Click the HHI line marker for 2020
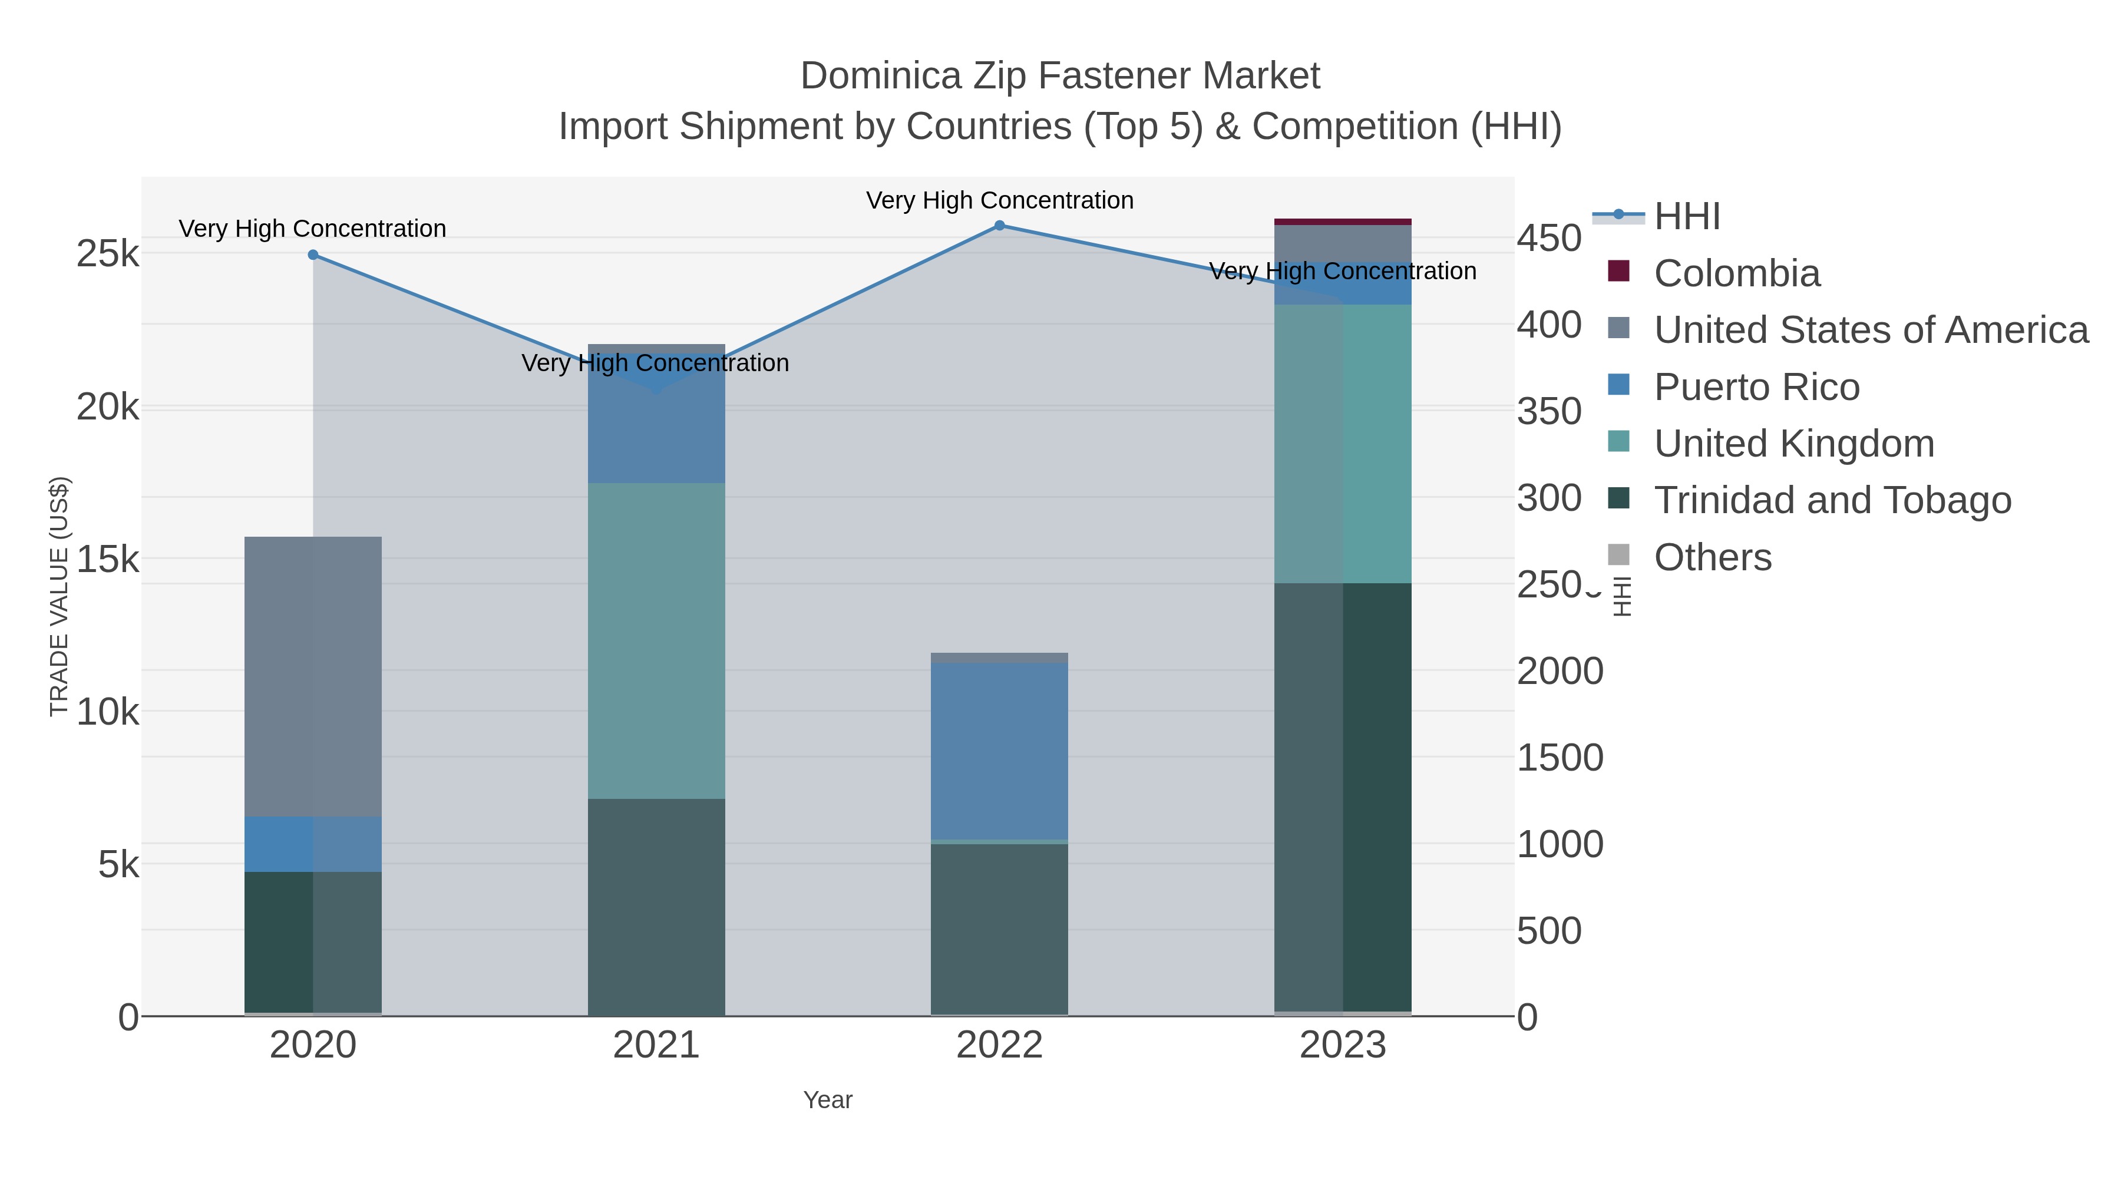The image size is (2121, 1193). (x=313, y=255)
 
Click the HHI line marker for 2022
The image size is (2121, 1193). (x=1000, y=226)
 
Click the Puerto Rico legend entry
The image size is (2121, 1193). (x=1756, y=387)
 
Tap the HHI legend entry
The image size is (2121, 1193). (x=1686, y=217)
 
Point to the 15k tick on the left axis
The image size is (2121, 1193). (x=108, y=560)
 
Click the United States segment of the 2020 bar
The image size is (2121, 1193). (x=313, y=675)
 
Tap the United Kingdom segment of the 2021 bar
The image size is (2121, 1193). (x=656, y=640)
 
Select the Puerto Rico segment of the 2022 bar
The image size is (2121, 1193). (x=1000, y=751)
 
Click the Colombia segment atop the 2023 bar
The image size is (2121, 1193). (x=1343, y=222)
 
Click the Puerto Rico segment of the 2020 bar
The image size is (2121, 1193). (x=313, y=844)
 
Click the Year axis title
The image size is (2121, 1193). (x=828, y=1100)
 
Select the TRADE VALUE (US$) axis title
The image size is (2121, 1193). (x=60, y=596)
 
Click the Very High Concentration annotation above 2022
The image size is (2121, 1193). (x=1000, y=201)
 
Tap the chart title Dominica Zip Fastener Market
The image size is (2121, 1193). (x=1060, y=76)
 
